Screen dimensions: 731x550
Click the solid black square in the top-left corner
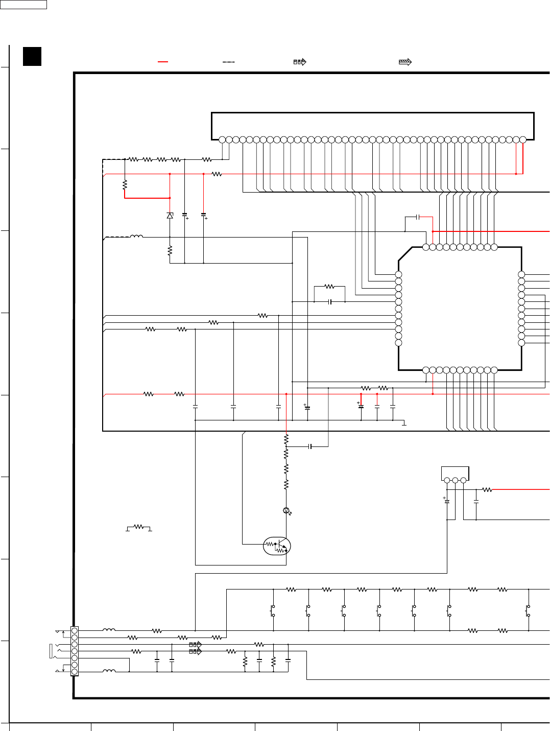[32, 56]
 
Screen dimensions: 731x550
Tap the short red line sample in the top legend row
[163, 62]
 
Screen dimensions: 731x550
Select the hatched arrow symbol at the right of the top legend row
[405, 62]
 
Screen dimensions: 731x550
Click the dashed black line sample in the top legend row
[228, 62]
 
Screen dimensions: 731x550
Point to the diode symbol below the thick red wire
[170, 216]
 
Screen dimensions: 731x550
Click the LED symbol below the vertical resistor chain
[286, 511]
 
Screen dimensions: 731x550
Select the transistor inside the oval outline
[277, 546]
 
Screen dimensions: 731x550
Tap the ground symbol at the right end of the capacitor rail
[404, 423]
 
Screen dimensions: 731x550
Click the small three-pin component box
[455, 474]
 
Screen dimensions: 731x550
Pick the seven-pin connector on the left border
[75, 651]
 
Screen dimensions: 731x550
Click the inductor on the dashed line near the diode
[136, 237]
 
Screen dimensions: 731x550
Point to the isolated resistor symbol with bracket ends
[138, 527]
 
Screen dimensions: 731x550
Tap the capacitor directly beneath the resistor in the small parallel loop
[330, 302]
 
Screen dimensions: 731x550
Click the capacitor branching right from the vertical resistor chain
[310, 446]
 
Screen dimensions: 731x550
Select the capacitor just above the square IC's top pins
[418, 217]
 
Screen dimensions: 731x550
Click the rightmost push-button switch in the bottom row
[529, 611]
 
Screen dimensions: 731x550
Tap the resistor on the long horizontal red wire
[217, 174]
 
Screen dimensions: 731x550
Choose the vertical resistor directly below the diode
[170, 251]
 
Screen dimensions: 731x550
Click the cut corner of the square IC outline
[405, 254]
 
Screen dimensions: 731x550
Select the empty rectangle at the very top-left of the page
[23, 5]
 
